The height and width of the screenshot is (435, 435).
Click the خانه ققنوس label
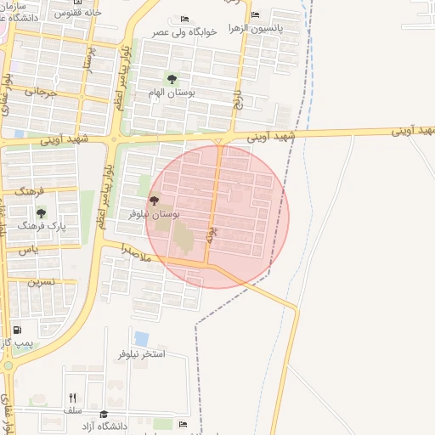(x=77, y=13)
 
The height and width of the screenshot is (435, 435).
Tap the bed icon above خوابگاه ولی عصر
(x=185, y=19)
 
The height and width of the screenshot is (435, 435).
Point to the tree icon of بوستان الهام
(x=172, y=79)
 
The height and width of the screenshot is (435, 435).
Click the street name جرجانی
(x=39, y=90)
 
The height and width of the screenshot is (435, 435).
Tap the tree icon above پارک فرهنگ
(x=41, y=213)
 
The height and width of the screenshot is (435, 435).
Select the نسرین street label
(x=41, y=280)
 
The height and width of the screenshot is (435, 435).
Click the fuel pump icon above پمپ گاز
(x=17, y=330)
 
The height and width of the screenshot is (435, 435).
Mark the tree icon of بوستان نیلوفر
(x=154, y=201)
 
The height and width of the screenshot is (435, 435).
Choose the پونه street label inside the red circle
(x=212, y=234)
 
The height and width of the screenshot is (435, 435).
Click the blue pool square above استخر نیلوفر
(x=141, y=339)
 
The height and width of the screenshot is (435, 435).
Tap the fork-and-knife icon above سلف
(x=72, y=397)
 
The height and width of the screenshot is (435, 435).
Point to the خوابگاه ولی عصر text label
(x=185, y=31)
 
